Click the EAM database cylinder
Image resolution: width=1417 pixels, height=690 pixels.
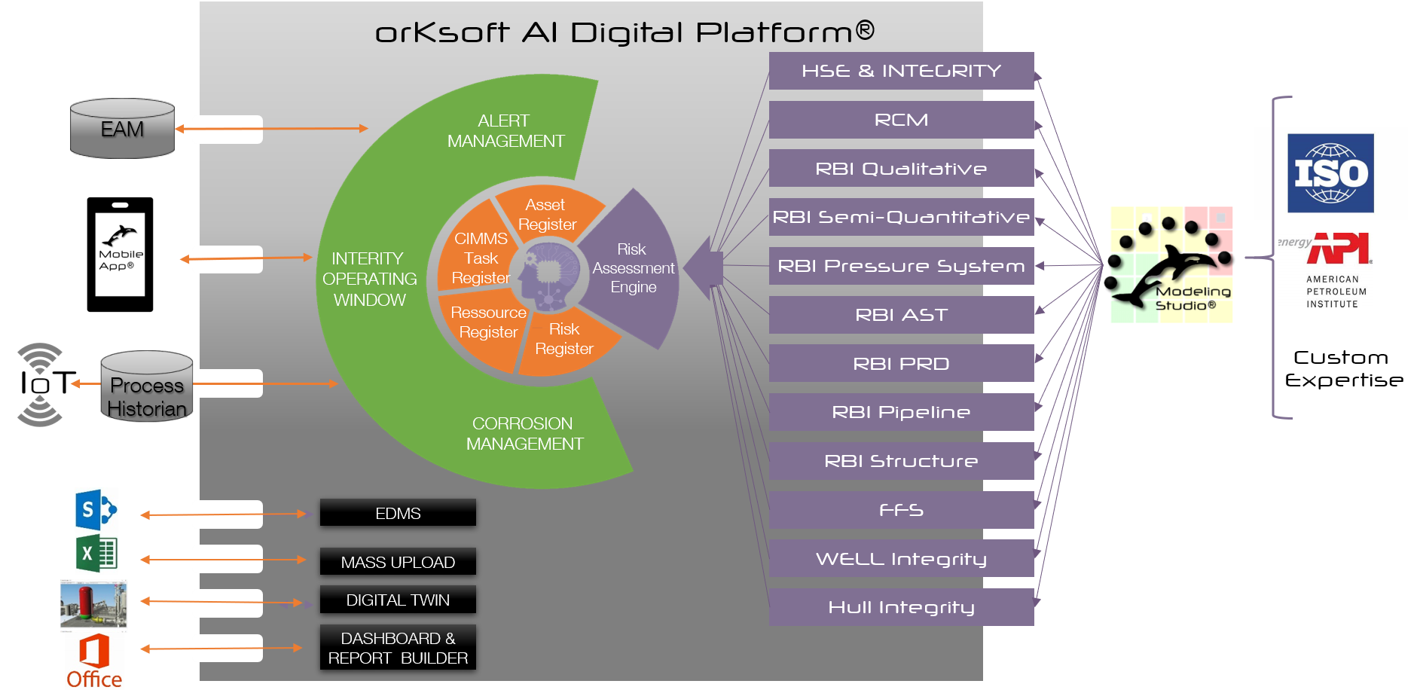point(122,129)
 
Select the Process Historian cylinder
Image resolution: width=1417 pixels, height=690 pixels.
point(147,386)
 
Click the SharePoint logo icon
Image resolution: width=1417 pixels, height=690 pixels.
point(96,510)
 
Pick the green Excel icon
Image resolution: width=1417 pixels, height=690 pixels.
point(96,554)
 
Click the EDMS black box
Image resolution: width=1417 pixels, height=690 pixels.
point(398,513)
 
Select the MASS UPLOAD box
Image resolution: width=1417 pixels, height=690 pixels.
point(398,562)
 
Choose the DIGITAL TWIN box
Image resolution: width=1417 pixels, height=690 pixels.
point(398,600)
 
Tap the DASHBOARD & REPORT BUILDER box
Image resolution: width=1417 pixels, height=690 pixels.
point(398,648)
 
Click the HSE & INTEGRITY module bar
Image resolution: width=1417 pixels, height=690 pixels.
point(901,71)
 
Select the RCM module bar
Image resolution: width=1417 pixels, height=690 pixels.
point(901,120)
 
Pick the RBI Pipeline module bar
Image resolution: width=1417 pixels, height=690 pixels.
point(901,412)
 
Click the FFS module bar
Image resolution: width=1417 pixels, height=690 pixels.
point(901,510)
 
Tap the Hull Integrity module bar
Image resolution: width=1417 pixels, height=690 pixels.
point(901,607)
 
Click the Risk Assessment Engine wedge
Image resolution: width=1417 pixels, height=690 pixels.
point(634,268)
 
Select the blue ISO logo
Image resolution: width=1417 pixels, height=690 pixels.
point(1330,173)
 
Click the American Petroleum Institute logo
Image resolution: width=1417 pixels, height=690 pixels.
point(1325,270)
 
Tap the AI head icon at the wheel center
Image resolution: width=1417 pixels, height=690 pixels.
point(548,275)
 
